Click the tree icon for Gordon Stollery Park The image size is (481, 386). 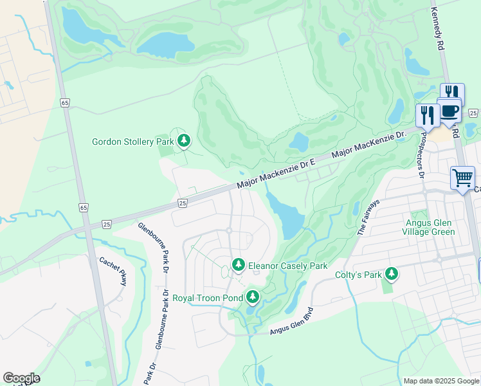[x=184, y=140]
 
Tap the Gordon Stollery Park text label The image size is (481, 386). [x=133, y=142]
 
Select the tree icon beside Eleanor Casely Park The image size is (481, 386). [x=239, y=265]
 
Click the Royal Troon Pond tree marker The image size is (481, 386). [x=253, y=297]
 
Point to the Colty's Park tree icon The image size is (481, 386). [x=391, y=275]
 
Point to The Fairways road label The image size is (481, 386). [x=369, y=218]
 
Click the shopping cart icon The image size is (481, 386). [x=462, y=178]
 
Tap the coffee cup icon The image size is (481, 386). [x=449, y=111]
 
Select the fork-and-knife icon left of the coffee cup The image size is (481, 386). [x=427, y=116]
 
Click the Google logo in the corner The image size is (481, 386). [x=21, y=378]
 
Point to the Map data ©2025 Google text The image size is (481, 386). [x=440, y=381]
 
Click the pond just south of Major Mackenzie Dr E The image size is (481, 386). [x=286, y=216]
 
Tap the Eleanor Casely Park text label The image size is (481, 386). [x=288, y=266]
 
